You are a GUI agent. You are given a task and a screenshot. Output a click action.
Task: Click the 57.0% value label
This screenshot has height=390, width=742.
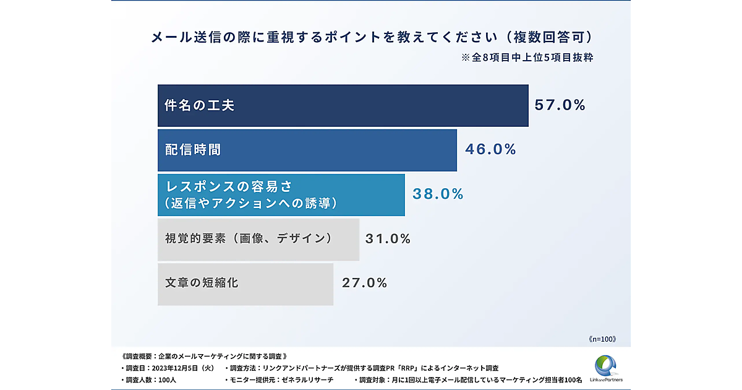tap(560, 105)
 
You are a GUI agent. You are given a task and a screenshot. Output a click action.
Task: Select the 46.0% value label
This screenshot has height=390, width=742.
tap(490, 149)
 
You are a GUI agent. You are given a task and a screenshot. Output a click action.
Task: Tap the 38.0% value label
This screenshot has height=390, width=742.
tap(438, 194)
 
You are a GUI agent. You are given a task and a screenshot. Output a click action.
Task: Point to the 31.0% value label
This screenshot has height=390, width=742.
tap(388, 238)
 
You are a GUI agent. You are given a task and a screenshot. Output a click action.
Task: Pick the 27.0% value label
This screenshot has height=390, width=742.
tap(364, 283)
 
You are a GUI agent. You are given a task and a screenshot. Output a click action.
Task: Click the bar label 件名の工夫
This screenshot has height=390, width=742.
tap(199, 105)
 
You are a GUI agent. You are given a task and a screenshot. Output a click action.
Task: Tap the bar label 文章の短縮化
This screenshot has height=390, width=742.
tap(202, 283)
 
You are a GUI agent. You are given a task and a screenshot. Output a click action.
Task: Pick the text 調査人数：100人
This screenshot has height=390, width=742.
tap(144, 379)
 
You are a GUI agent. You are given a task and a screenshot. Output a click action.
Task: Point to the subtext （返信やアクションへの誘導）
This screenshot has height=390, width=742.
tap(250, 202)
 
